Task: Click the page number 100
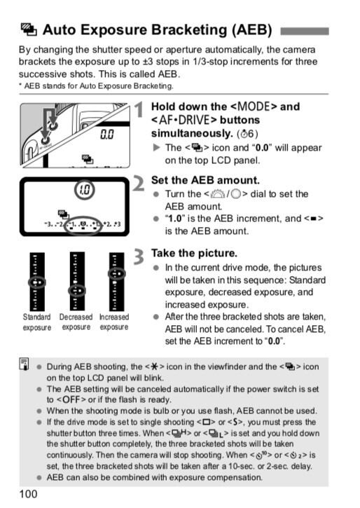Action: (29, 494)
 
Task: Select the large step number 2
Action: (139, 184)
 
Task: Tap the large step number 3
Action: (139, 256)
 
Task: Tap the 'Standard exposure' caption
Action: (36, 322)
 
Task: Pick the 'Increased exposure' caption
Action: (113, 322)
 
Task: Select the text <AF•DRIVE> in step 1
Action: (184, 120)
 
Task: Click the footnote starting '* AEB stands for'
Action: (95, 85)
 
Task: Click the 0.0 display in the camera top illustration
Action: (107, 132)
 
